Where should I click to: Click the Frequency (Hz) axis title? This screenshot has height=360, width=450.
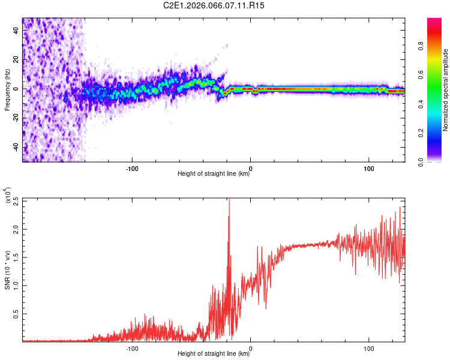(x=7, y=90)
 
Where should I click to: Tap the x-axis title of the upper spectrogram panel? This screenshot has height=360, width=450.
(x=214, y=174)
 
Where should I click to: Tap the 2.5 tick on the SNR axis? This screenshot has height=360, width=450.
(x=16, y=202)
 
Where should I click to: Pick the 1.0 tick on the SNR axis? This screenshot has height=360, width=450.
(x=16, y=285)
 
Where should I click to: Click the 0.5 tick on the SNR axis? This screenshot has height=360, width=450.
(x=16, y=313)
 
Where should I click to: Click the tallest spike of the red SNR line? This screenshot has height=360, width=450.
(x=229, y=200)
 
